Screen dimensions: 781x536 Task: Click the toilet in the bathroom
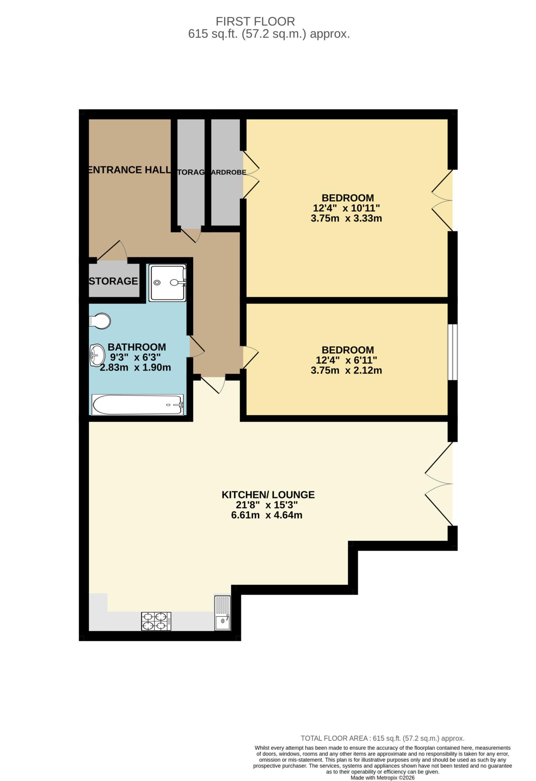coord(99,321)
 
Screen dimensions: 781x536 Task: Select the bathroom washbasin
coord(97,355)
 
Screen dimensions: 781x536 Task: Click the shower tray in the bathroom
coord(167,283)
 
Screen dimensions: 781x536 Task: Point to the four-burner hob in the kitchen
coord(156,621)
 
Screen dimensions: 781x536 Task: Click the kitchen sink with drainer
coord(222,613)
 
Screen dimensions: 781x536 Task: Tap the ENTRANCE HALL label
coord(129,170)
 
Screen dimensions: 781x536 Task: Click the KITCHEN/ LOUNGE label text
coord(268,495)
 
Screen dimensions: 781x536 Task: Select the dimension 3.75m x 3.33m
coord(346,219)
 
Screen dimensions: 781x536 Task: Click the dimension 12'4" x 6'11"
coord(346,360)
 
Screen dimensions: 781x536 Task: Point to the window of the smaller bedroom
coord(452,352)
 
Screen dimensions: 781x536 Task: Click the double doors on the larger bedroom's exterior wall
coord(442,200)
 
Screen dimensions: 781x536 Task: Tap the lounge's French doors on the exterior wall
coord(439,484)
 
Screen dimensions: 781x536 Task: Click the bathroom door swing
coord(196,347)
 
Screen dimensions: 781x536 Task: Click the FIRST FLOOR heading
coord(255,21)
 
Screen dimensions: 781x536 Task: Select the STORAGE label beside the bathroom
coord(113,281)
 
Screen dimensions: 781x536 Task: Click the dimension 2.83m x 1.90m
coord(135,368)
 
